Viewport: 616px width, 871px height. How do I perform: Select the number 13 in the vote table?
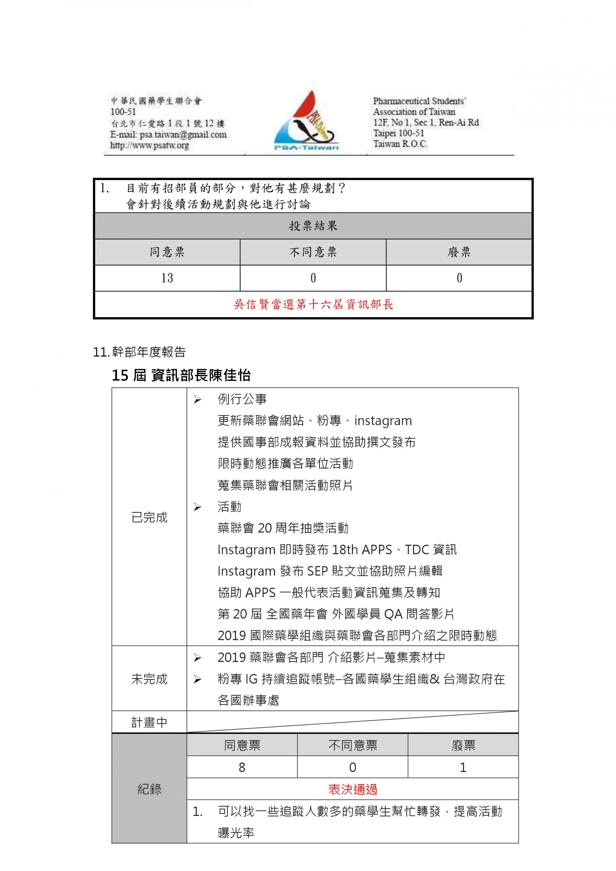(x=167, y=278)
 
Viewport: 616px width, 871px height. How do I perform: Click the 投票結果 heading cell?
(x=313, y=226)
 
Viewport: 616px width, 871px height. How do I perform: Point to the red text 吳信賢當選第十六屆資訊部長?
(x=313, y=305)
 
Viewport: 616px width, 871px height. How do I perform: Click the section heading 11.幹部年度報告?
(x=139, y=352)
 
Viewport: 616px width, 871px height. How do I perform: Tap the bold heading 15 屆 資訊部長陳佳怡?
(x=181, y=376)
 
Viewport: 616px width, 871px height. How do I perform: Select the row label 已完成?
(x=149, y=517)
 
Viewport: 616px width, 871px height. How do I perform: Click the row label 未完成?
(x=149, y=679)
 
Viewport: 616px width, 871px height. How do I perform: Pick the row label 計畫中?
(x=149, y=723)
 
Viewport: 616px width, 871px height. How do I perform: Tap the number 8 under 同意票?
(x=242, y=768)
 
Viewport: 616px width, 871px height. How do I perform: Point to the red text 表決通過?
(x=353, y=790)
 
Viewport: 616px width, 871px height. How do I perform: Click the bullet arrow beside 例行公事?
(x=197, y=399)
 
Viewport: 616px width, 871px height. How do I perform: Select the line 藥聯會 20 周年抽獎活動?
(x=283, y=528)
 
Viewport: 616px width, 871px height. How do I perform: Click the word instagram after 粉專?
(x=383, y=421)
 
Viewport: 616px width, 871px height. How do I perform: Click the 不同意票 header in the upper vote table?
(x=313, y=252)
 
